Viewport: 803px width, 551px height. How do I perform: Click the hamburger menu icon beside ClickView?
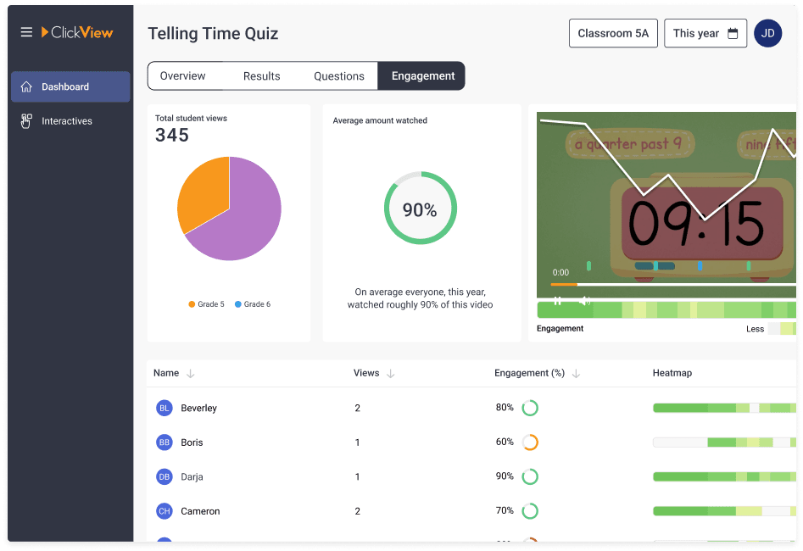coord(26,32)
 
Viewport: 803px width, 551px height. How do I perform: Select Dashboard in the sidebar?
coord(65,86)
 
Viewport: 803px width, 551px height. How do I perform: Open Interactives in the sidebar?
coord(67,121)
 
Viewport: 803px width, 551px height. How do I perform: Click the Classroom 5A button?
coord(612,34)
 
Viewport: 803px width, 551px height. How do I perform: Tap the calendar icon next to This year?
coord(733,34)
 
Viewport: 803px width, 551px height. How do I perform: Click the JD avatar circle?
coord(767,34)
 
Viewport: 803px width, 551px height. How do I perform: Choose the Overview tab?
coord(182,76)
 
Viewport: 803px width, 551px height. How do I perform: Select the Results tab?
coord(261,76)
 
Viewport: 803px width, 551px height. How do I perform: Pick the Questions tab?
coord(338,76)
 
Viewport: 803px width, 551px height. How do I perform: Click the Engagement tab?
coord(422,76)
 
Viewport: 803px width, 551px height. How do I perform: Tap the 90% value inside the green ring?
coord(420,210)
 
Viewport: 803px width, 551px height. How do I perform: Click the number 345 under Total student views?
coord(172,135)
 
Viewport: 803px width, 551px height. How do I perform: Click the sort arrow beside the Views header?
coord(390,373)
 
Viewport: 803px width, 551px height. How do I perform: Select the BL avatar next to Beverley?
coord(164,408)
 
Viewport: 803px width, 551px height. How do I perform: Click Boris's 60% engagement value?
coord(505,442)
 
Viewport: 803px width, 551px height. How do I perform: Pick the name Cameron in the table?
coord(200,511)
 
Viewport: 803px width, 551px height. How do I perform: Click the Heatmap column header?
coord(672,373)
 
